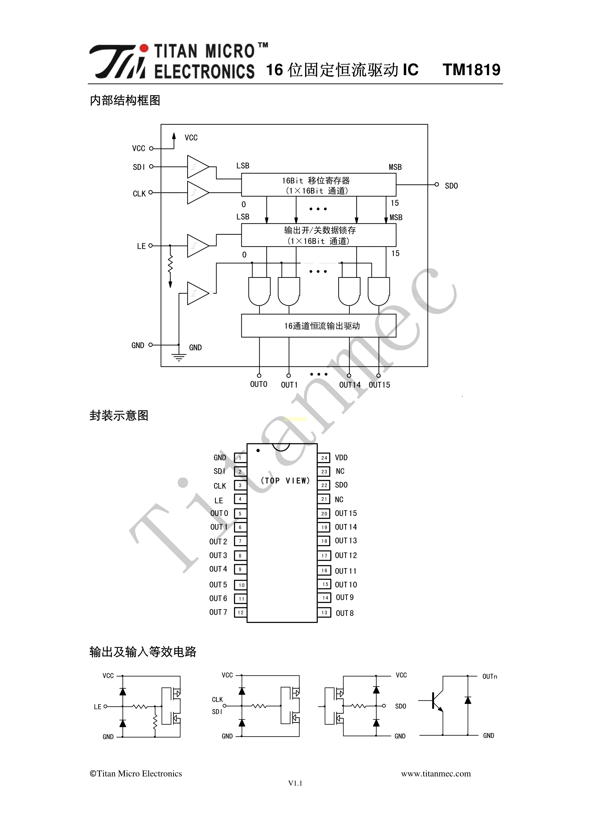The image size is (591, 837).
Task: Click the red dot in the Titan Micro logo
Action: point(144,48)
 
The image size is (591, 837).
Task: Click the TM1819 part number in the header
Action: point(471,70)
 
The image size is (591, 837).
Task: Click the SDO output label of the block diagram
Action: point(451,186)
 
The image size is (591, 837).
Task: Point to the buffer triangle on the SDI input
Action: point(197,166)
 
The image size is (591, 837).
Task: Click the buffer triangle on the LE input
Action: point(197,246)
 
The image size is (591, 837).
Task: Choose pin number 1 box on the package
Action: point(240,458)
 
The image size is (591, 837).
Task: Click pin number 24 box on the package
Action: point(324,458)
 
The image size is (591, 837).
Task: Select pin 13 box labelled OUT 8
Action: point(324,613)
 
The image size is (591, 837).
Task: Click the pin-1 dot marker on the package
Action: point(258,451)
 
